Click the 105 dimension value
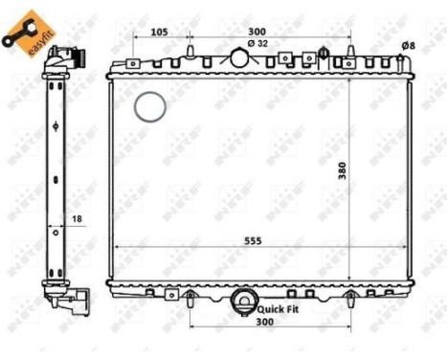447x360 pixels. pos(160,32)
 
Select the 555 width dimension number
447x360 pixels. pos(254,239)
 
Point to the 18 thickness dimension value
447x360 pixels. pos(78,220)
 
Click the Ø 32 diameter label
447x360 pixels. pos(257,43)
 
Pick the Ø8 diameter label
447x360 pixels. pos(408,45)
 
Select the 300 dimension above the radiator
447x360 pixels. pos(257,32)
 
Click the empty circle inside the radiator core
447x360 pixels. pos(150,106)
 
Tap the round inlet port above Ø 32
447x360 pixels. pos(239,57)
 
